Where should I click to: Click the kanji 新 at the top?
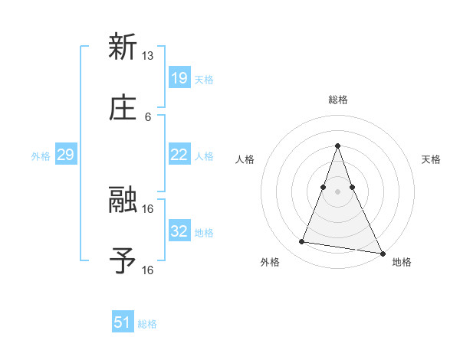coord(123,47)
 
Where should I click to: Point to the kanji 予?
coord(123,260)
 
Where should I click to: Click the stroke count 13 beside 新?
coord(147,56)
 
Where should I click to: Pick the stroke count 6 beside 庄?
coord(147,116)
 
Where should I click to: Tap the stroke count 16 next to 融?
coord(147,208)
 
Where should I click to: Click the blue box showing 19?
coord(179,77)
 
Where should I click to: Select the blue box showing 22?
coord(179,155)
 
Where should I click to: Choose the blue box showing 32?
coord(179,231)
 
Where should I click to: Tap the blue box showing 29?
coord(65,155)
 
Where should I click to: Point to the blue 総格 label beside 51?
coord(147,324)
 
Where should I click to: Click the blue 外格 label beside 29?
coord(41,156)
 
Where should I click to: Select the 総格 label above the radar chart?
coord(338,100)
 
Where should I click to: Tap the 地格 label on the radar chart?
coord(402,263)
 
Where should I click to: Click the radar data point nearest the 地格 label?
coord(382,252)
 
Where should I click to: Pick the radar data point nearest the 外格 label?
coord(302,242)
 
